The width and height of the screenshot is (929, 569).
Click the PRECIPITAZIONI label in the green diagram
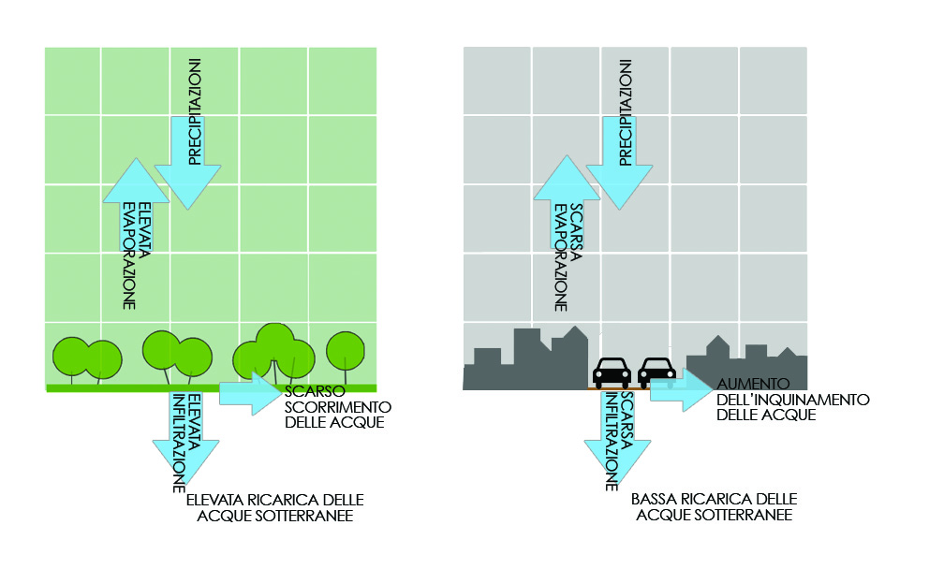(x=195, y=111)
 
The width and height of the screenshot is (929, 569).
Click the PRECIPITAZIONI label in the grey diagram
(x=626, y=112)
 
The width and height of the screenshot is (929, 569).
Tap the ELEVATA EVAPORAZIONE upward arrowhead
(x=137, y=180)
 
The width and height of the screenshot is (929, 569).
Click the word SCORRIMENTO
(x=338, y=407)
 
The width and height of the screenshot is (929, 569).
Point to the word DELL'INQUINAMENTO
(x=792, y=400)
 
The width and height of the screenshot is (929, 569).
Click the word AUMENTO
(x=753, y=384)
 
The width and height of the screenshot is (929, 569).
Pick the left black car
(x=612, y=372)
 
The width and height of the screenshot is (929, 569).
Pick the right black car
(x=657, y=372)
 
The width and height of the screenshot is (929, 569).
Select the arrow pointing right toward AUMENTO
(x=682, y=389)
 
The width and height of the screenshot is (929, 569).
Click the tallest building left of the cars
(x=527, y=357)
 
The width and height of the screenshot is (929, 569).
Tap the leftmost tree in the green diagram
(x=72, y=357)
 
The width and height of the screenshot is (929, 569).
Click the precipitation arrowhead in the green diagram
(x=188, y=186)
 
